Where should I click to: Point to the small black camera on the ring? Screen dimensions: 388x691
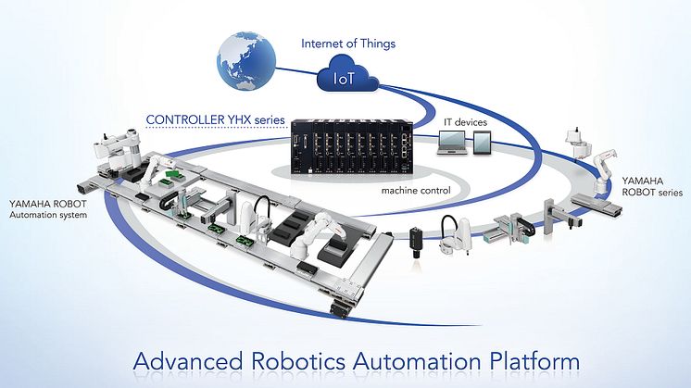(416, 239)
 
